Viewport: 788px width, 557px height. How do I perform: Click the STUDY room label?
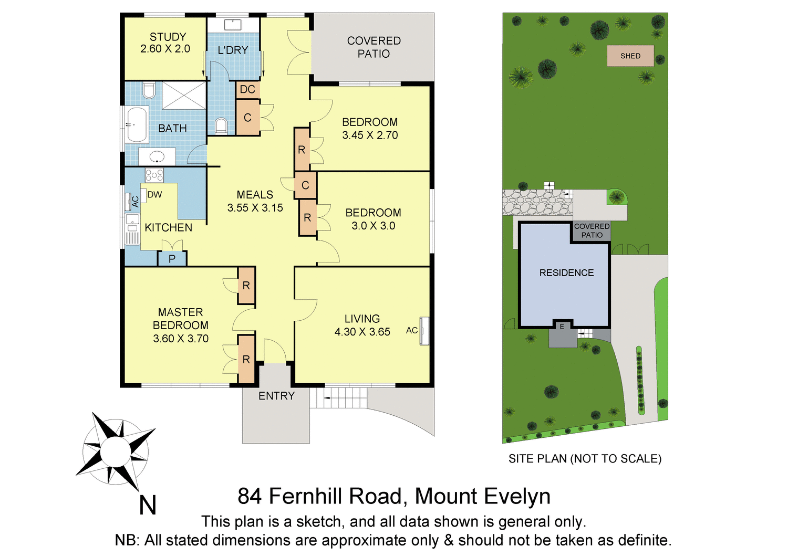168,37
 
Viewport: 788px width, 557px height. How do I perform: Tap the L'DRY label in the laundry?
233,50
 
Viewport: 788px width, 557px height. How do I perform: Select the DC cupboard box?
247,89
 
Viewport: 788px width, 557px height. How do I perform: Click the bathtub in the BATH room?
138,124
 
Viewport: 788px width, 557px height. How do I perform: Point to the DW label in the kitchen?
154,195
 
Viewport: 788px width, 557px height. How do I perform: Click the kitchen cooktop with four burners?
154,175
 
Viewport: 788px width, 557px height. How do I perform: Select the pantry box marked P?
172,259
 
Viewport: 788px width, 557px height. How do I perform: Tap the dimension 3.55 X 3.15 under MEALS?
255,208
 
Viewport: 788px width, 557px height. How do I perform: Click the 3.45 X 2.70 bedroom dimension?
370,135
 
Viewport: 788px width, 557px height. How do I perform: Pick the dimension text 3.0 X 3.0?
373,226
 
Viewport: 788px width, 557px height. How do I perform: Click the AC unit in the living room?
424,331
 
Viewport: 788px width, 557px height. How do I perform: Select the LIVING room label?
362,319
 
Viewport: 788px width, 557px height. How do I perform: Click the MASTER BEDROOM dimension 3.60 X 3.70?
181,339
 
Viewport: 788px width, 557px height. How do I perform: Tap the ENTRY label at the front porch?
276,396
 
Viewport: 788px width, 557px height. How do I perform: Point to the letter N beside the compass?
148,506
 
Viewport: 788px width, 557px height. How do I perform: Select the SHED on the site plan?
630,56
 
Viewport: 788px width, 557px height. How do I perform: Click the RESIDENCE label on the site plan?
566,273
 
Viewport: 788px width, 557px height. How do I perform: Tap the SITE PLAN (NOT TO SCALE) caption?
585,459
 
